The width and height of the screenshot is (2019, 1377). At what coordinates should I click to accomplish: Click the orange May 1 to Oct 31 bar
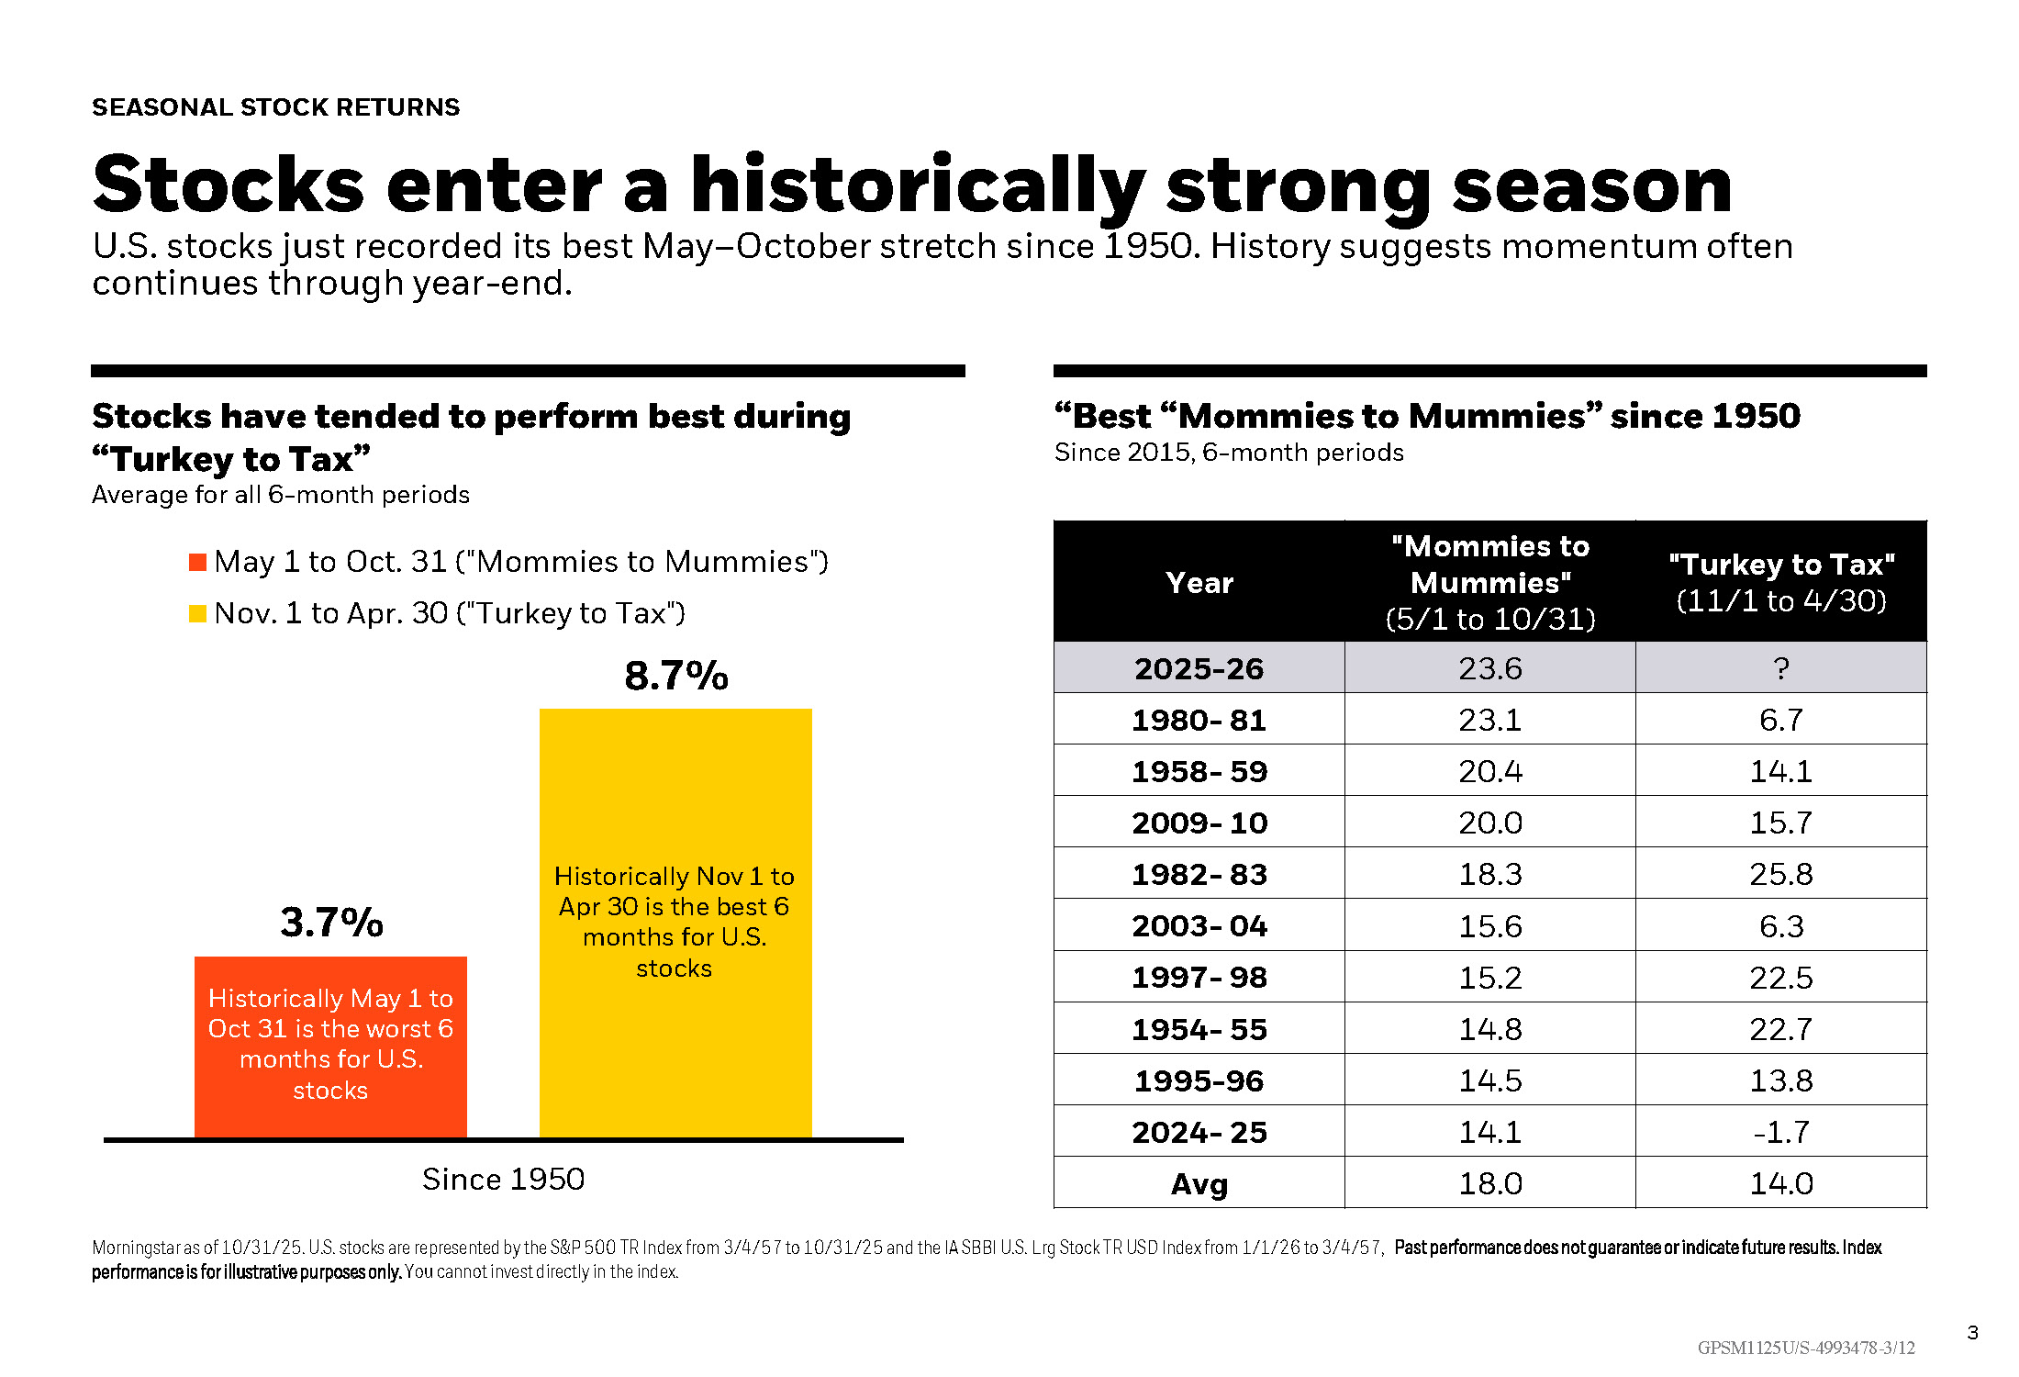pyautogui.click(x=330, y=1047)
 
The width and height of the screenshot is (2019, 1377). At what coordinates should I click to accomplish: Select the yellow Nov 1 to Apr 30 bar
pyautogui.click(x=675, y=923)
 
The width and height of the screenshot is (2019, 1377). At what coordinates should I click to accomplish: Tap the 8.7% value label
pyautogui.click(x=676, y=676)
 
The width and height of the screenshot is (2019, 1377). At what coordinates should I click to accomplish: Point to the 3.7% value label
pyautogui.click(x=331, y=923)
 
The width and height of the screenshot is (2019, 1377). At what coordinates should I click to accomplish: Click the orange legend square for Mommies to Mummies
pyautogui.click(x=197, y=562)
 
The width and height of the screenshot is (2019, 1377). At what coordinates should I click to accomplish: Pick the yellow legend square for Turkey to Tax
pyautogui.click(x=197, y=613)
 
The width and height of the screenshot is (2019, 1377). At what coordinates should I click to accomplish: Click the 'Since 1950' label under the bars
pyautogui.click(x=503, y=1179)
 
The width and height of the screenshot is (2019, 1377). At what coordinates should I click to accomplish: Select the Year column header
pyautogui.click(x=1199, y=583)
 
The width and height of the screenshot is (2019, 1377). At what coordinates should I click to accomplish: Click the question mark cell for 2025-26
pyautogui.click(x=1781, y=668)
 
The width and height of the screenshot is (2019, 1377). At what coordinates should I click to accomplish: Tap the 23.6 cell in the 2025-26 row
pyautogui.click(x=1490, y=668)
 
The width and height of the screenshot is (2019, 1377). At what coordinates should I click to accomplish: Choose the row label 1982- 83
pyautogui.click(x=1199, y=874)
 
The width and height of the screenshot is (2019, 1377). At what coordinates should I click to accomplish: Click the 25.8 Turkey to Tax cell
pyautogui.click(x=1781, y=874)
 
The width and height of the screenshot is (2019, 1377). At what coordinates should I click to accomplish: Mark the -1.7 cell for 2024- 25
pyautogui.click(x=1781, y=1132)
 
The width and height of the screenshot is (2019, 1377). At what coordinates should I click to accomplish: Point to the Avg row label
pyautogui.click(x=1199, y=1184)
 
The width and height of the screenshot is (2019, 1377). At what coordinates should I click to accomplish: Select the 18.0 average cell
pyautogui.click(x=1490, y=1184)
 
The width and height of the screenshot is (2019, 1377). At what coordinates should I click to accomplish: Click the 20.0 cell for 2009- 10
pyautogui.click(x=1490, y=823)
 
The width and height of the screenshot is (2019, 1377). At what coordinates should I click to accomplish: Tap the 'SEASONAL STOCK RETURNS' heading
pyautogui.click(x=275, y=107)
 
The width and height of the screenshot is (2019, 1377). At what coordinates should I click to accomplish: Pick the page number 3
pyautogui.click(x=1972, y=1333)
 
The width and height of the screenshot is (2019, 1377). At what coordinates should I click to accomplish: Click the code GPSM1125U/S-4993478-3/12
pyautogui.click(x=1806, y=1348)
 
